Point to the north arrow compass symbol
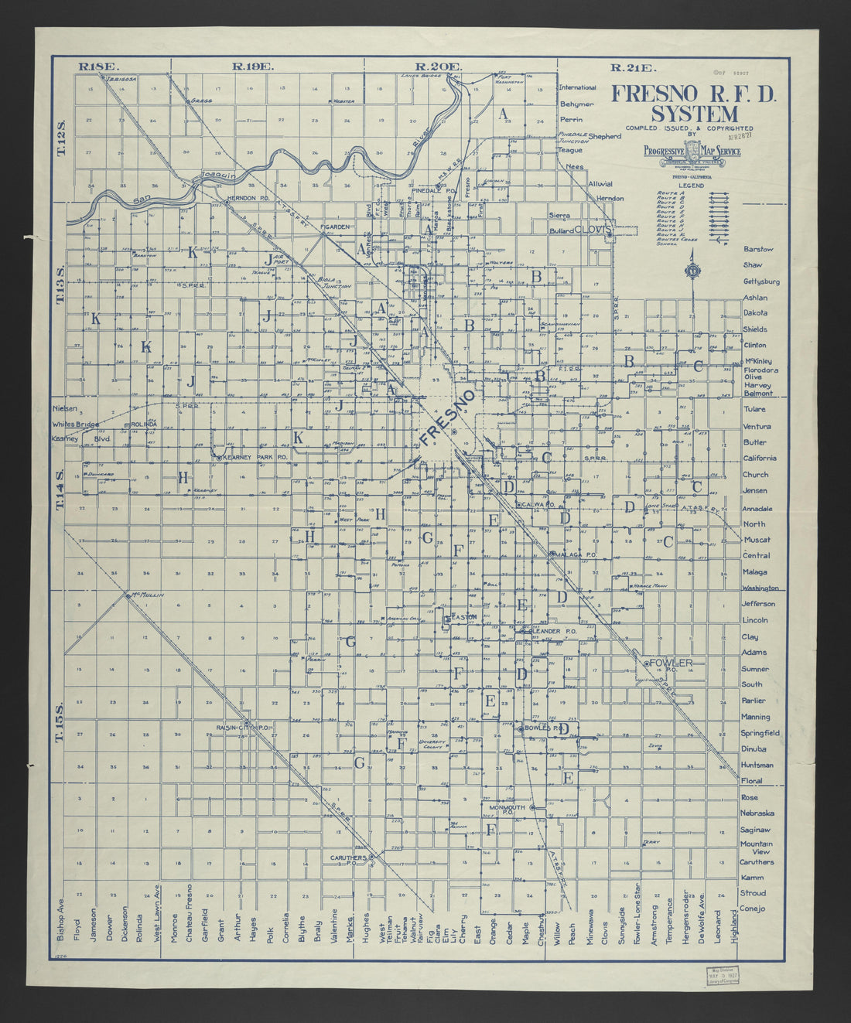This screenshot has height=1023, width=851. [690, 273]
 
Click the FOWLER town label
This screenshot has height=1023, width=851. [670, 663]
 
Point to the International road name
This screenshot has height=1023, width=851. [578, 87]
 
